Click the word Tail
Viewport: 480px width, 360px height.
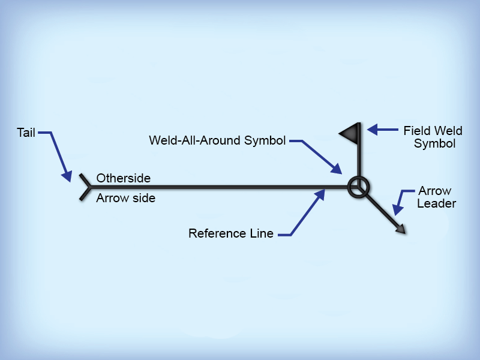pyautogui.click(x=26, y=132)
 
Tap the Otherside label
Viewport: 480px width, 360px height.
pyautogui.click(x=124, y=178)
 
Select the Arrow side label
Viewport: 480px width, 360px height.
pyautogui.click(x=126, y=198)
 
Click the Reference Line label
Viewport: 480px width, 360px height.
pyautogui.click(x=231, y=233)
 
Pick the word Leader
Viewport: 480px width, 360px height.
pyautogui.click(x=437, y=203)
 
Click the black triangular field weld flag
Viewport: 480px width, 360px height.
pyautogui.click(x=350, y=132)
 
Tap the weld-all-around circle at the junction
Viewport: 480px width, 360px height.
pyautogui.click(x=359, y=188)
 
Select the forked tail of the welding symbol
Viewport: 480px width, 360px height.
pyautogui.click(x=84, y=187)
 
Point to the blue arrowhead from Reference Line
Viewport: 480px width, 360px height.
pyautogui.click(x=323, y=194)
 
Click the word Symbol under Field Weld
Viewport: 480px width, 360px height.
pyautogui.click(x=434, y=144)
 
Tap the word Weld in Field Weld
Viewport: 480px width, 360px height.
pyautogui.click(x=449, y=130)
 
